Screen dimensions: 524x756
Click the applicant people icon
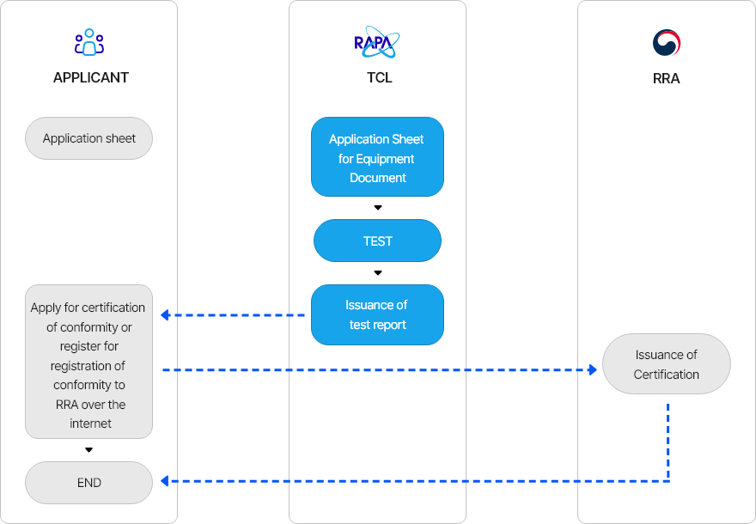[89, 43]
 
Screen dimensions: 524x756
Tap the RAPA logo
[377, 43]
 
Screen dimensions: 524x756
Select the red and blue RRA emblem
[666, 43]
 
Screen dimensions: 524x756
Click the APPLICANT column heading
[90, 77]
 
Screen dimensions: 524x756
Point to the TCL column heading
[379, 77]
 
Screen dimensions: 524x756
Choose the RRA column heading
[666, 78]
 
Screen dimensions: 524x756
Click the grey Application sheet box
[89, 138]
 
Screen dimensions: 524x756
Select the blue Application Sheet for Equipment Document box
[377, 158]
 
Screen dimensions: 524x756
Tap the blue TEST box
[377, 241]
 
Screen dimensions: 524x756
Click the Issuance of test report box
[377, 315]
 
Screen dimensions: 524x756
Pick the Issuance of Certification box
[666, 364]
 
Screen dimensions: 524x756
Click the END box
[89, 483]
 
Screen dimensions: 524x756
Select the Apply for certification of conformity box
[89, 362]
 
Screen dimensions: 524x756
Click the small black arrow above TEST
[377, 208]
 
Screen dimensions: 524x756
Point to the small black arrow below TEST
[377, 273]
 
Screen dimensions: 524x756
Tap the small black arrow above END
[88, 450]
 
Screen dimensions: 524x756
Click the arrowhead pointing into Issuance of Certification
[592, 369]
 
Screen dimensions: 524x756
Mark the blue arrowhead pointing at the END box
[165, 481]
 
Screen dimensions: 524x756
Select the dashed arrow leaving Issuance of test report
[232, 315]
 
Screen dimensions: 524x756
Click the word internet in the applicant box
[90, 423]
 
